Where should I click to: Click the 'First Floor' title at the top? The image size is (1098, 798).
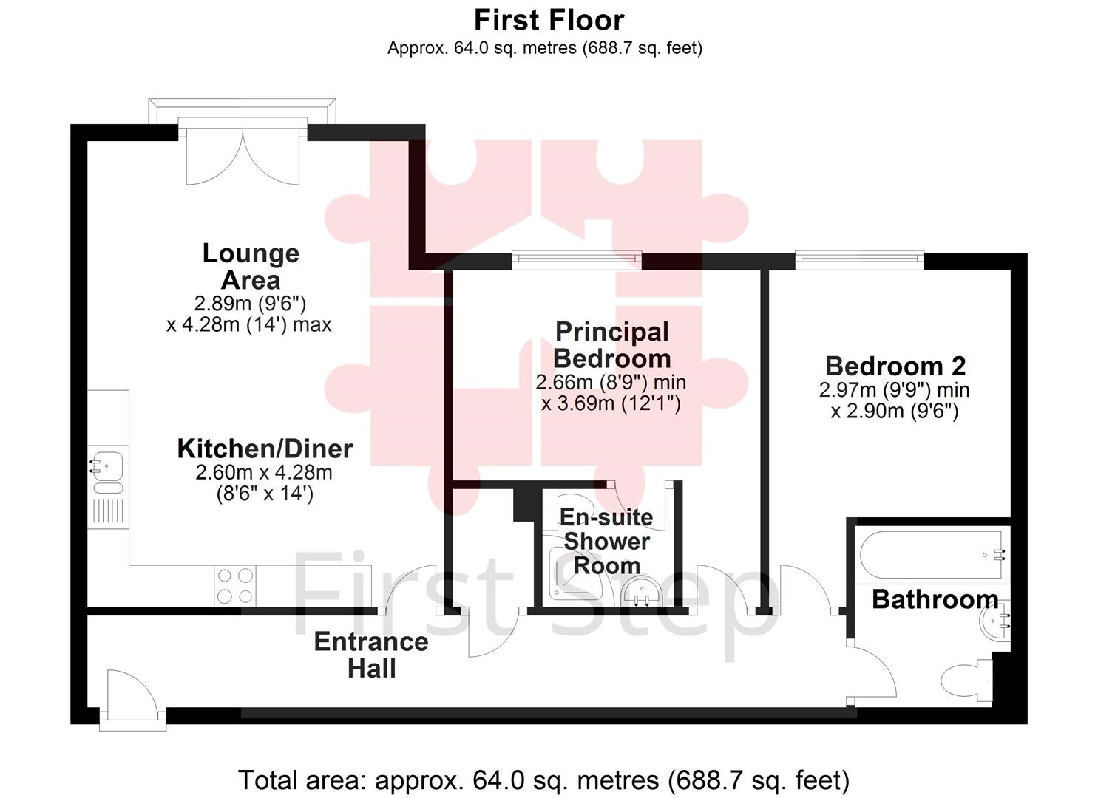(549, 20)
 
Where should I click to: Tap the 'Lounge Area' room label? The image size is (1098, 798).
(251, 267)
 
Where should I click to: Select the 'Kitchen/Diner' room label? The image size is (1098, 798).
(265, 449)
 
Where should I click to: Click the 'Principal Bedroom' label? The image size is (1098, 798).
(611, 345)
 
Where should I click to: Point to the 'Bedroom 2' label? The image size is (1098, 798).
(895, 366)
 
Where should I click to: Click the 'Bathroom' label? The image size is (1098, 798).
(935, 598)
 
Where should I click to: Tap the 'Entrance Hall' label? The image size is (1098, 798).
(371, 655)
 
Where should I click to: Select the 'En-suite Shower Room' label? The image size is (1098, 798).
(606, 541)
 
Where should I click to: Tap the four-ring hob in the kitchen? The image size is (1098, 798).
(236, 586)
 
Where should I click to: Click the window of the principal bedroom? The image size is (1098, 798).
(577, 258)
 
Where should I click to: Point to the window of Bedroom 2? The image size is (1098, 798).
(859, 258)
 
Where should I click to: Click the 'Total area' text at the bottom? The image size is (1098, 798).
(543, 780)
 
